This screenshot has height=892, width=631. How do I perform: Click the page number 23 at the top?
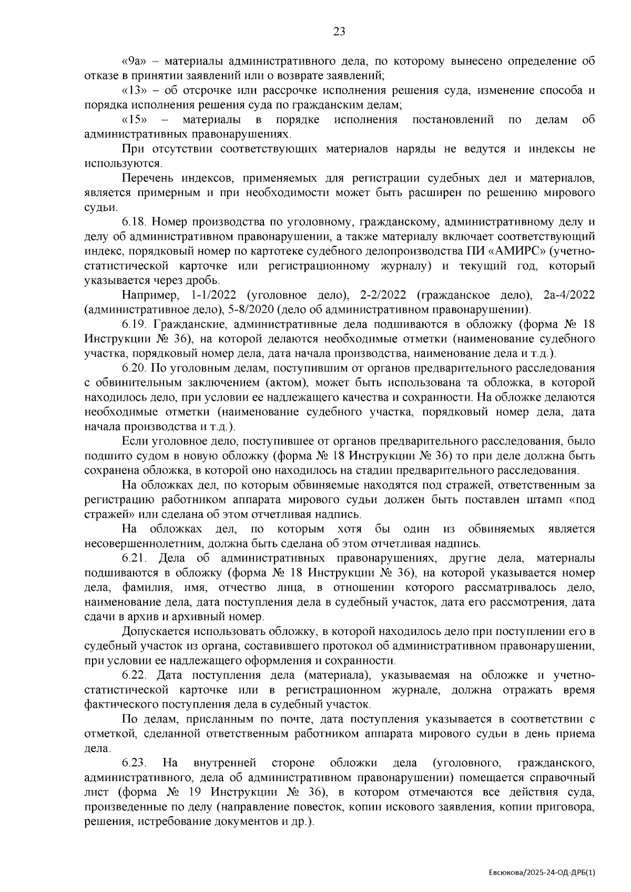pos(339,32)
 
